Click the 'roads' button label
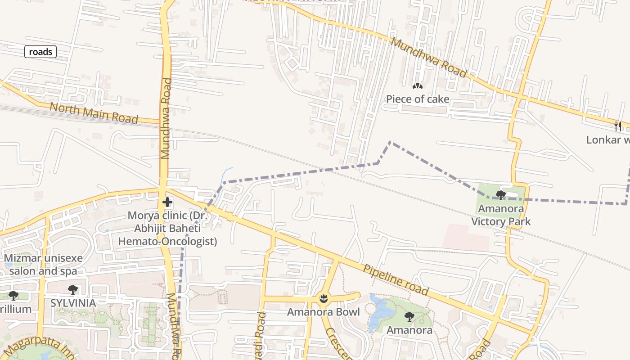point(40,52)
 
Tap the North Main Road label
point(94,113)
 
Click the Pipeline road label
point(396,279)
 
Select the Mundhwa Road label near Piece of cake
point(429,58)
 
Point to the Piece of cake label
point(418,99)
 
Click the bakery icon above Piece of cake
point(418,85)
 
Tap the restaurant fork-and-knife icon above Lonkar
point(618,126)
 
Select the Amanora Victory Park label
point(500,215)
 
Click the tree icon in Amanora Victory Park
point(500,195)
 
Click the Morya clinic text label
point(167,229)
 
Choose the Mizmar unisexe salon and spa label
point(44,265)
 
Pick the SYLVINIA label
point(73,303)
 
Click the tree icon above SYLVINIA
point(73,289)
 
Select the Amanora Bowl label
point(323,312)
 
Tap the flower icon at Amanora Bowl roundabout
point(323,297)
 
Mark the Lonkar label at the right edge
point(607,140)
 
